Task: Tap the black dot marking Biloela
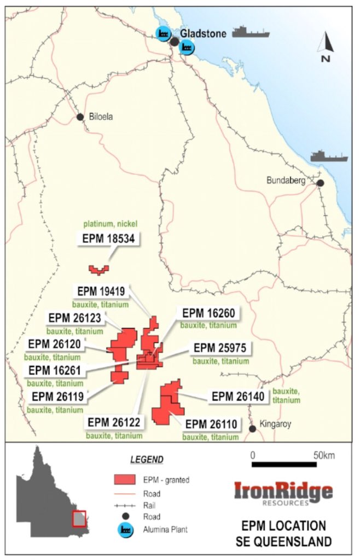coord(80,116)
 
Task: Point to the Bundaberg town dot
coord(320,183)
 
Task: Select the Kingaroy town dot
coord(252,429)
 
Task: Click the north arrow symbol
coord(326,46)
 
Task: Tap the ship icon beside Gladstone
coord(251,32)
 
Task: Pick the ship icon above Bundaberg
coord(329,156)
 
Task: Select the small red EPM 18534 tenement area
coord(99,269)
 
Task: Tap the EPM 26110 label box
coord(211,424)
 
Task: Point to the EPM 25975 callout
coord(221,348)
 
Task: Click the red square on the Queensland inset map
coord(79,518)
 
